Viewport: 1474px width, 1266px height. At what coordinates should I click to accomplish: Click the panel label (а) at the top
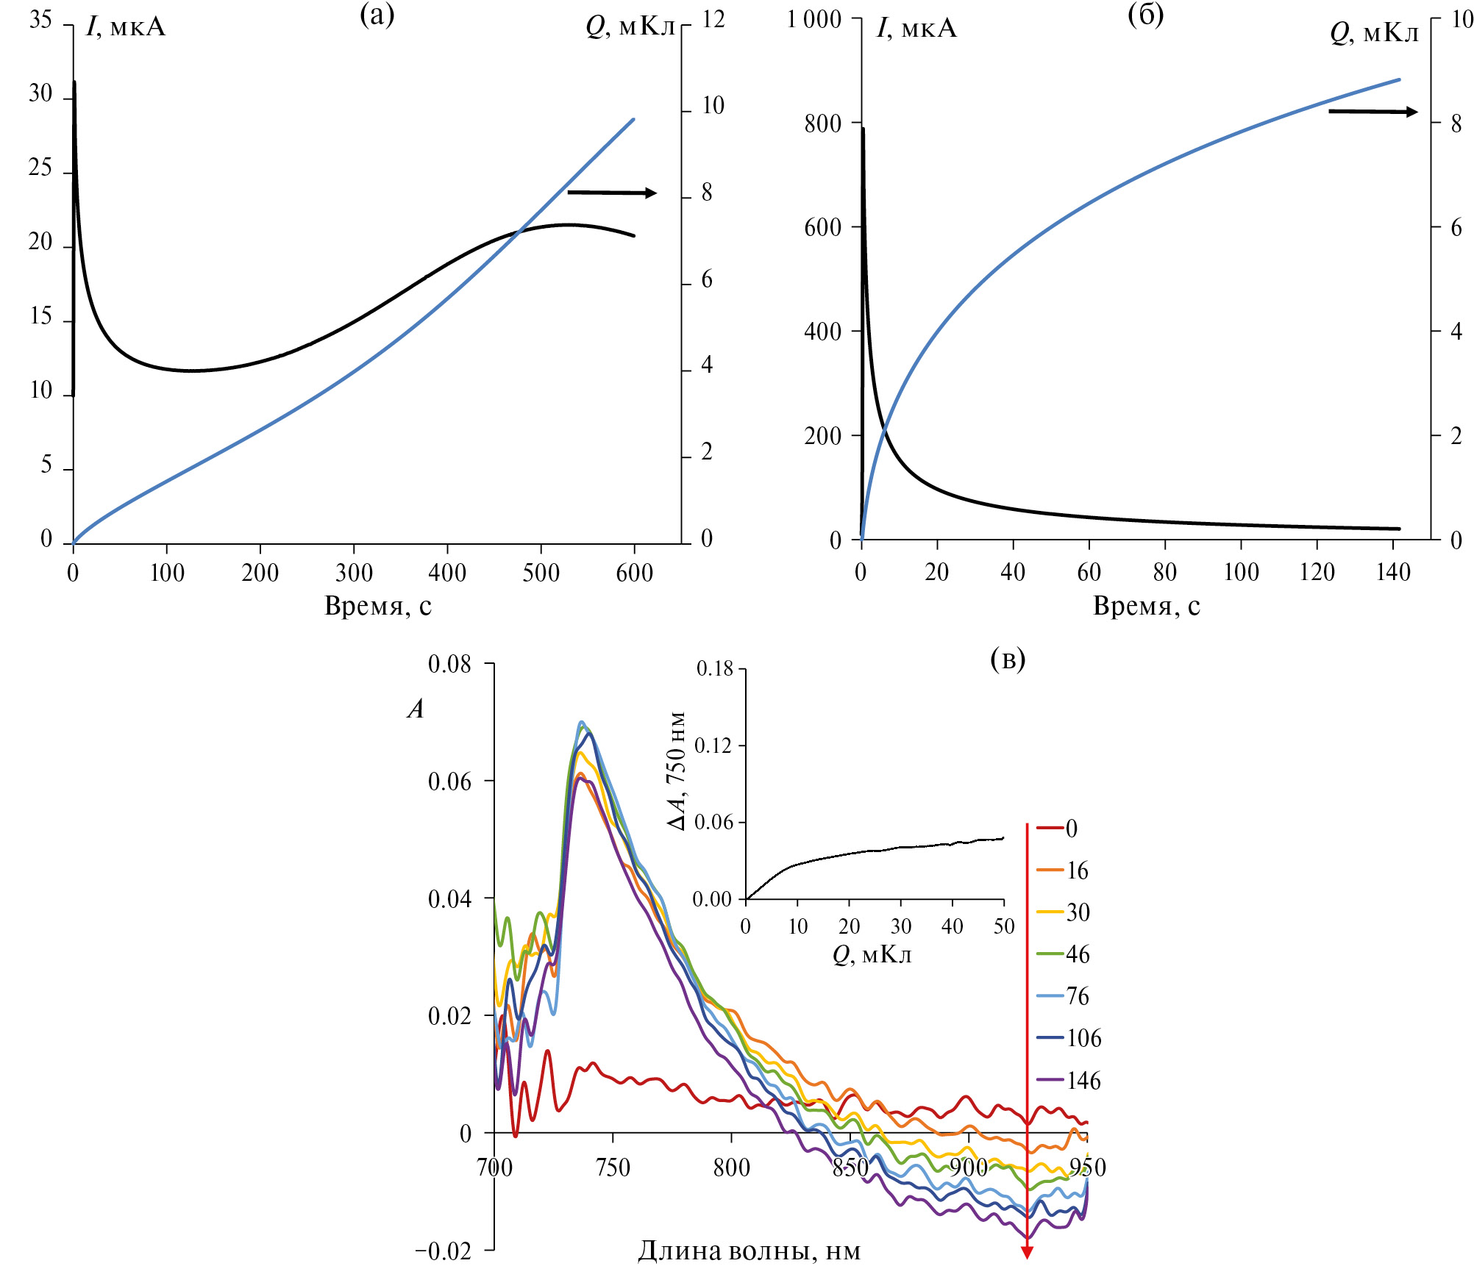pos(377,15)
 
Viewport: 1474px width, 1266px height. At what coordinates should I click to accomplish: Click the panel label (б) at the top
pos(1145,15)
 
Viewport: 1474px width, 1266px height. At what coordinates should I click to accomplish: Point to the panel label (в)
pos(1008,659)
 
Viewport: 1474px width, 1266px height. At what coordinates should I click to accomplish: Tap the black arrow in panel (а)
pos(612,193)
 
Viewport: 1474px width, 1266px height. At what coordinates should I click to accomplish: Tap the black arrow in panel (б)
pos(1372,112)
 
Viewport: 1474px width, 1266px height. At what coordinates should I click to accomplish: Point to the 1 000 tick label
pos(813,20)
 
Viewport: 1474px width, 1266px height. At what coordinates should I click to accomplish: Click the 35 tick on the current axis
pos(40,20)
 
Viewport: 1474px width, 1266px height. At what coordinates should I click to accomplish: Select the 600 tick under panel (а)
pos(634,573)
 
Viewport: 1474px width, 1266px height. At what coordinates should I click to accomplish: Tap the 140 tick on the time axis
pos(1392,572)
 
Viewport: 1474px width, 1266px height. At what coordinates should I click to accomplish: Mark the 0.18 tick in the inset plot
pos(715,668)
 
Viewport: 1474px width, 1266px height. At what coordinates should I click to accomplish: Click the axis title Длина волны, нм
pos(749,1250)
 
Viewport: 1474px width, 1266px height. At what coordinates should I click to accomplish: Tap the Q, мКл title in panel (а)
pos(630,27)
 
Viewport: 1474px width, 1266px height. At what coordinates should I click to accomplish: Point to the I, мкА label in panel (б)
pos(916,29)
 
